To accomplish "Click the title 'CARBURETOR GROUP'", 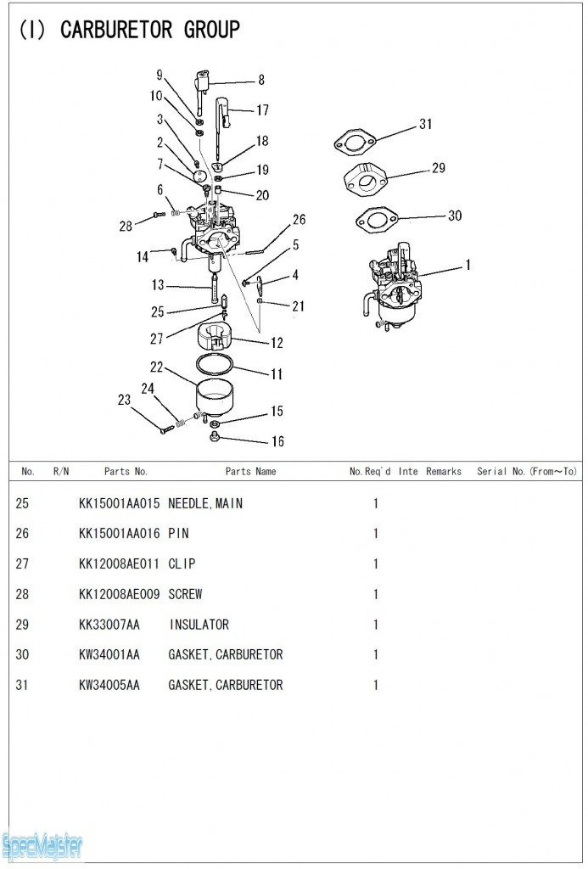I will click(150, 31).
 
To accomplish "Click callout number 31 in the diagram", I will click(425, 124).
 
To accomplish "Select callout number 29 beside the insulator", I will click(438, 168).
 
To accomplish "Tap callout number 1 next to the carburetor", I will click(468, 265).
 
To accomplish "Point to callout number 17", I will click(262, 109).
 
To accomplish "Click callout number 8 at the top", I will click(261, 81).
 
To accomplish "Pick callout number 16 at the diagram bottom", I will click(277, 441).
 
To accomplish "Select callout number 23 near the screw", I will click(124, 400).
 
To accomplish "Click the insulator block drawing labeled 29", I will click(366, 179).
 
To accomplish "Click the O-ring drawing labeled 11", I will click(215, 364).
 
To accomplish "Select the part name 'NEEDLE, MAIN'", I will click(205, 503).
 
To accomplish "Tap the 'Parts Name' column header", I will click(250, 471).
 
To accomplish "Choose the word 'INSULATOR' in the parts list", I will click(199, 625).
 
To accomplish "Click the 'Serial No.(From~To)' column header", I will click(526, 471).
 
